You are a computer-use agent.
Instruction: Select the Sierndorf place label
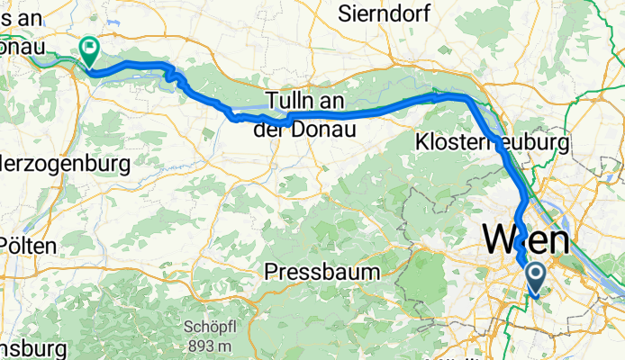tap(385, 13)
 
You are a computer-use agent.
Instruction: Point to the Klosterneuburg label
tap(492, 143)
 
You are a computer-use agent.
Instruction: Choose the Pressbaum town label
tap(317, 271)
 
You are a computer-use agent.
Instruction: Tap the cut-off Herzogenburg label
tap(65, 165)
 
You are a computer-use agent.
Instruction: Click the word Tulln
tap(288, 101)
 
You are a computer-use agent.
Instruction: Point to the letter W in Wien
tap(501, 240)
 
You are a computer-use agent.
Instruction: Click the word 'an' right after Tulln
tap(327, 101)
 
